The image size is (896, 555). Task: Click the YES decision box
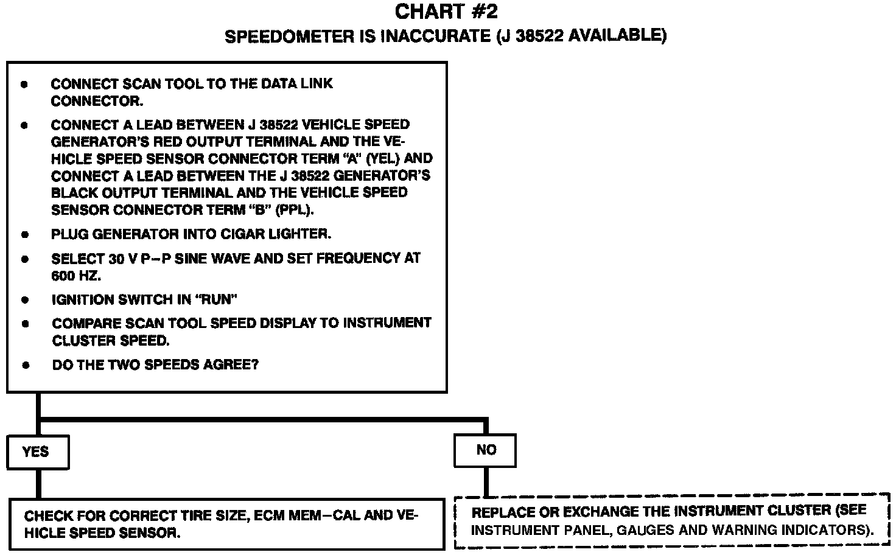tap(37, 452)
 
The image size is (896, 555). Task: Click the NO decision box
tap(485, 450)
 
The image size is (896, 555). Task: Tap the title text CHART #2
tap(446, 12)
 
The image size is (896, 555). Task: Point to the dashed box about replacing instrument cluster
tap(673, 521)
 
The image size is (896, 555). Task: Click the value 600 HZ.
tap(76, 276)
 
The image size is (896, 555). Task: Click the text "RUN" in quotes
tap(217, 299)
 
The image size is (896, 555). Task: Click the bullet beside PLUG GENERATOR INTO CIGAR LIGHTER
tap(25, 234)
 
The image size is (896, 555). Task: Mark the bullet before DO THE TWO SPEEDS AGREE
tap(26, 366)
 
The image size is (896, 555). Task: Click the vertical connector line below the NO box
tap(486, 481)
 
